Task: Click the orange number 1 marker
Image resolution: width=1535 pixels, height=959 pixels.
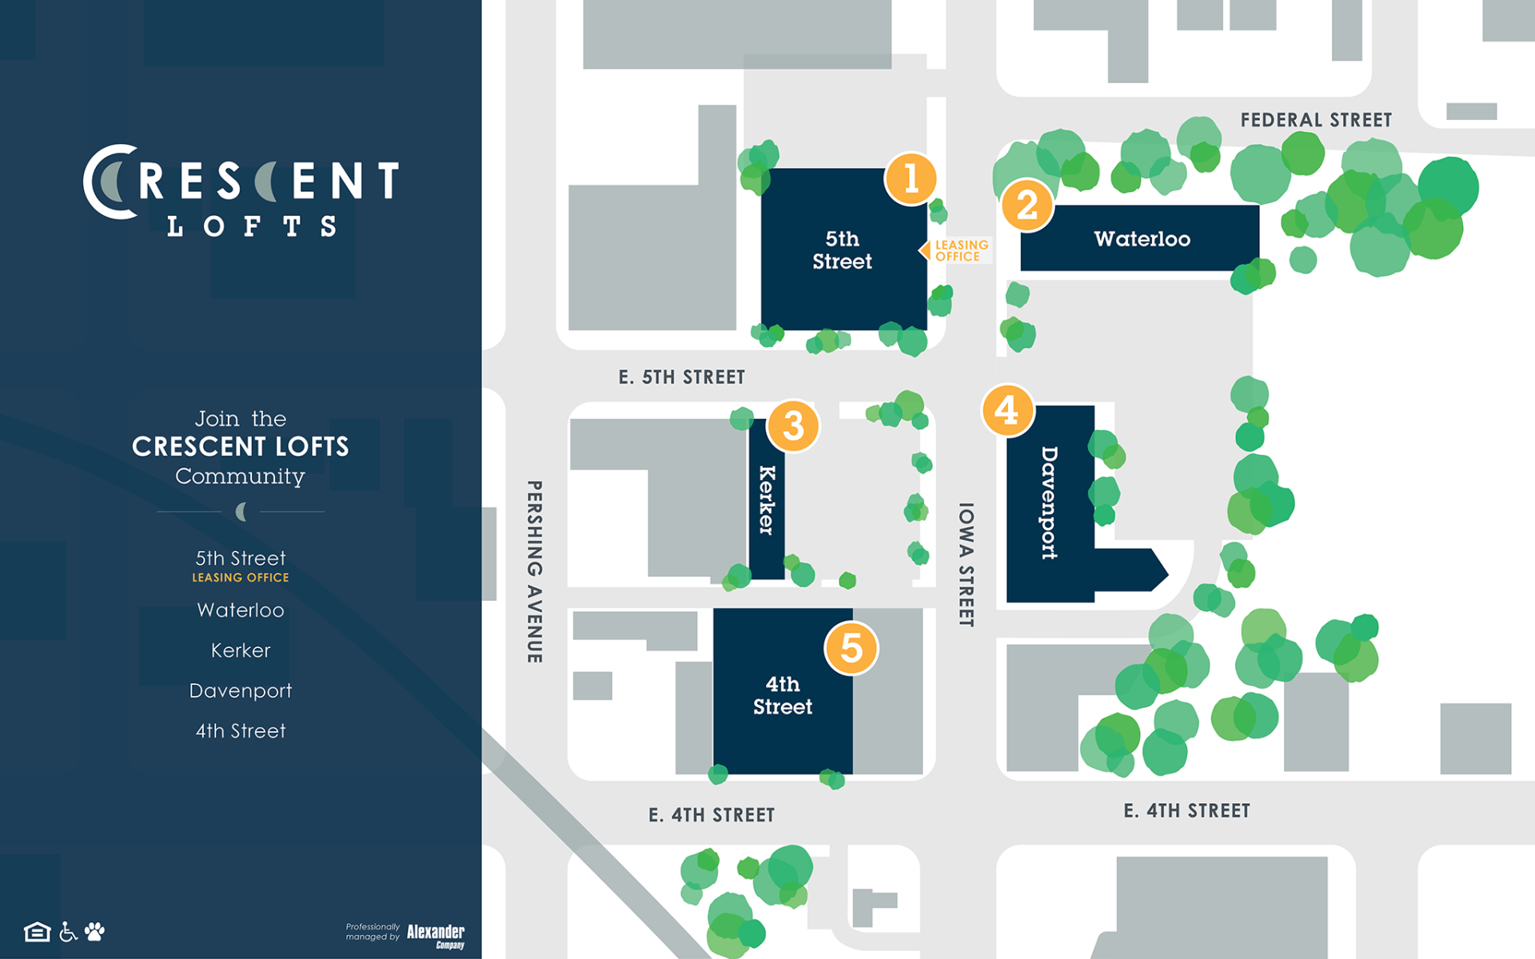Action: [x=911, y=178]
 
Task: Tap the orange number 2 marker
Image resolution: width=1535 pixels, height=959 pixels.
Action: [x=1027, y=205]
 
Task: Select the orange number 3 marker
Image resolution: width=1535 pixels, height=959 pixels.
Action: [x=793, y=426]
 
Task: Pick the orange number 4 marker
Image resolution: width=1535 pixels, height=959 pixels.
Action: [x=1007, y=411]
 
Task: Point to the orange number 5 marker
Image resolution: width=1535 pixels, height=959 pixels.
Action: [x=851, y=648]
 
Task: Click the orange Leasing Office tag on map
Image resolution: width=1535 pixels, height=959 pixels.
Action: [x=960, y=251]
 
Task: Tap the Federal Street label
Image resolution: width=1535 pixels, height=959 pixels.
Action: [x=1316, y=120]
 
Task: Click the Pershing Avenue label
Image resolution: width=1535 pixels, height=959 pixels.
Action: [x=534, y=571]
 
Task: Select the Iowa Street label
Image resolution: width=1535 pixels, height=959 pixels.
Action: [x=966, y=564]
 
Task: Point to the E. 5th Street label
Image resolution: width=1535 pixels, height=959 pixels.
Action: [x=681, y=377]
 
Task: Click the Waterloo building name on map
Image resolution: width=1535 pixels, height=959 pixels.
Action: [x=1142, y=239]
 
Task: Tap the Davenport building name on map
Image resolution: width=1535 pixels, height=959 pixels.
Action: [x=1049, y=503]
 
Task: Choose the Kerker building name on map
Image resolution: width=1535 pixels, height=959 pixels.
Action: [x=767, y=500]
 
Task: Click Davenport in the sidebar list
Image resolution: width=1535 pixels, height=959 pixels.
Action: [x=241, y=690]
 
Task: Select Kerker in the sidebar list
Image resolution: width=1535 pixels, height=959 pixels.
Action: [x=241, y=651]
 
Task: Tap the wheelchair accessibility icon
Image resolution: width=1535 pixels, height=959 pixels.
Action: [x=69, y=932]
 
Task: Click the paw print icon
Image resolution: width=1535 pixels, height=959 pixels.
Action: [x=95, y=932]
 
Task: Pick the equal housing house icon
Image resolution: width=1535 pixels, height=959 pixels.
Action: [x=37, y=932]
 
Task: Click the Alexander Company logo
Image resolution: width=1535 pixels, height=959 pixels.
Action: [x=436, y=935]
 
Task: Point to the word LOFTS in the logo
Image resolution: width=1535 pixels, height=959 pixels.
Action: [x=252, y=227]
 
